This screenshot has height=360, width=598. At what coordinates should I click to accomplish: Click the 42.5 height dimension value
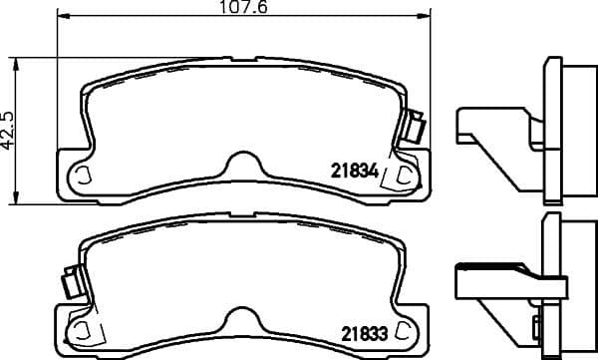click(9, 130)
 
